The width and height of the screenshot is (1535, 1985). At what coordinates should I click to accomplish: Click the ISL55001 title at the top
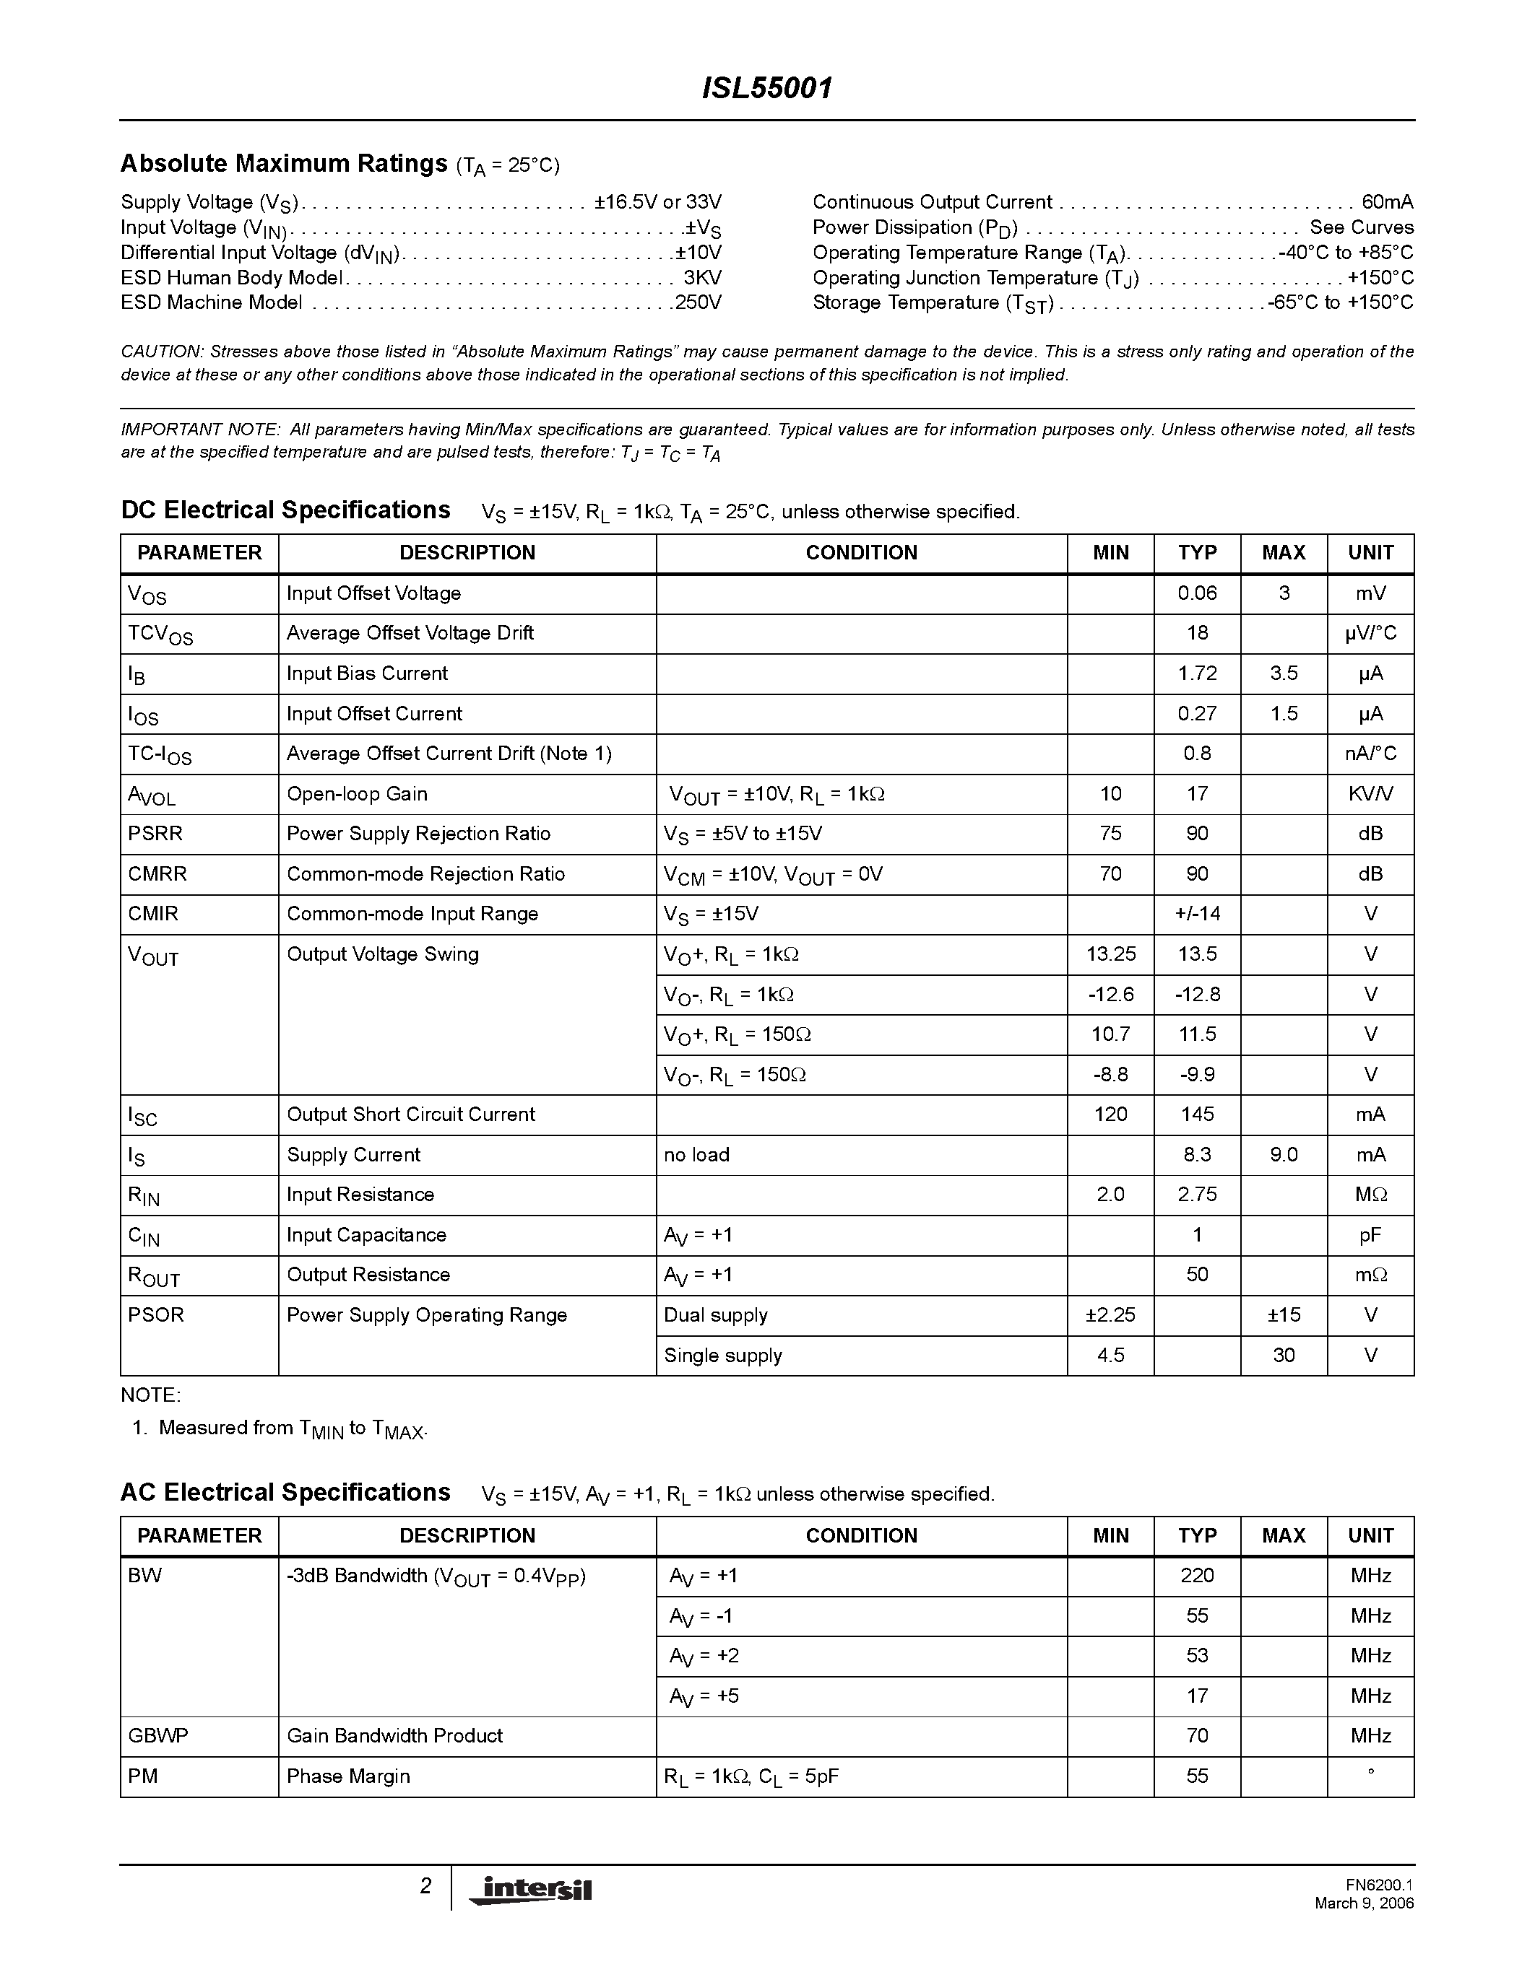click(766, 89)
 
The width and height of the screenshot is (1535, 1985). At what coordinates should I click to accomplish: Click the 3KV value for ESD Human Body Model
click(702, 278)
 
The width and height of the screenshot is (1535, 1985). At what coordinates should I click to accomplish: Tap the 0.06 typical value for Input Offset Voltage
click(1197, 593)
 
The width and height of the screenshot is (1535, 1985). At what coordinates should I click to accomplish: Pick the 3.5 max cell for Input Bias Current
click(1283, 673)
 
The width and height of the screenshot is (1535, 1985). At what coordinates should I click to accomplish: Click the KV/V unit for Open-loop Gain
click(1370, 793)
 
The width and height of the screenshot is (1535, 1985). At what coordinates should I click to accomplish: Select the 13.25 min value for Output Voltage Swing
click(1110, 954)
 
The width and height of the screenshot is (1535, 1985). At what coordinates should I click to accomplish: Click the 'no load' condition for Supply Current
click(696, 1154)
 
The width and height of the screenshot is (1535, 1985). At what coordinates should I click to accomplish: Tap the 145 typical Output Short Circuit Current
click(1197, 1114)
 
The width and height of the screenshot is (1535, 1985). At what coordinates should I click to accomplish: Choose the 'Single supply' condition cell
click(723, 1355)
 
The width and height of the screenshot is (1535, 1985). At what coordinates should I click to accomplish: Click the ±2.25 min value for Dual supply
click(1110, 1315)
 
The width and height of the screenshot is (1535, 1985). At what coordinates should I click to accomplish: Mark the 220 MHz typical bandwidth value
click(1197, 1576)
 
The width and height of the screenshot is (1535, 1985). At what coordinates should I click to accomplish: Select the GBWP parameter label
click(158, 1736)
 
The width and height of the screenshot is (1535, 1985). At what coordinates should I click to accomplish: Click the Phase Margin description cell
click(348, 1776)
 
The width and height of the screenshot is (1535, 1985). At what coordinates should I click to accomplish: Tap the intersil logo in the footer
click(530, 1889)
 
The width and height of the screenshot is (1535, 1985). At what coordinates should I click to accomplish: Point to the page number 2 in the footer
click(425, 1887)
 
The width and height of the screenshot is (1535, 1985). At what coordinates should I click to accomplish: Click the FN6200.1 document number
click(1380, 1885)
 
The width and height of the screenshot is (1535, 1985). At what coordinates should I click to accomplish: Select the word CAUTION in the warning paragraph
click(161, 352)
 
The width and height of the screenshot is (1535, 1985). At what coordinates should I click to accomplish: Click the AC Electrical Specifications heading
click(285, 1493)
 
